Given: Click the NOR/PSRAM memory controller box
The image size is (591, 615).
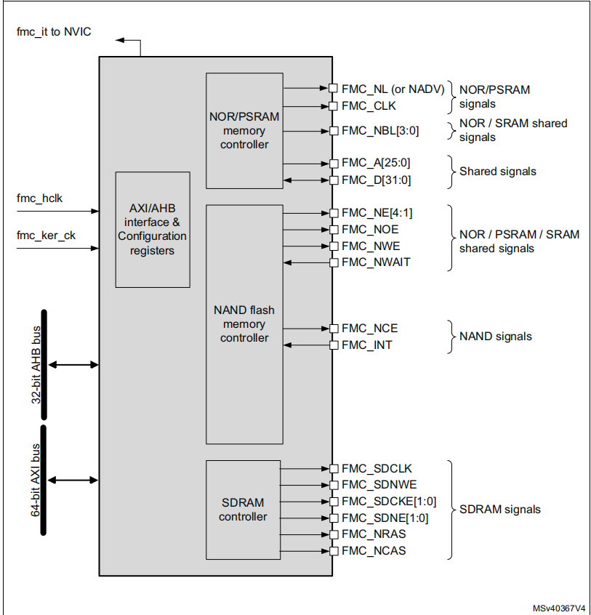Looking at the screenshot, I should coord(244,130).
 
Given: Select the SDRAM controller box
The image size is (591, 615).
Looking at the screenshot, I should coord(243,510).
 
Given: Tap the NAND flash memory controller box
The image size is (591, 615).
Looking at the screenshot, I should coord(244,323).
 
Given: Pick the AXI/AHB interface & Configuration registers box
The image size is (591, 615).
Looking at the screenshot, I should coord(153,229).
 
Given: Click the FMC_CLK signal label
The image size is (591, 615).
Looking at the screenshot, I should coord(369,106).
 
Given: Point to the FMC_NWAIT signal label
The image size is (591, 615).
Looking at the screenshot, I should coord(376,262).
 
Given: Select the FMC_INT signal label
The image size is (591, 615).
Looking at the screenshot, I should coord(366,345).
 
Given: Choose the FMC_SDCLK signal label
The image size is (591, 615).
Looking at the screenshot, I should coord(377,469).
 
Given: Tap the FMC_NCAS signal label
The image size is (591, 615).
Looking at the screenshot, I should coord(374,551).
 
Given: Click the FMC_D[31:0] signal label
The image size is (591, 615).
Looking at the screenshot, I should coord(377,180).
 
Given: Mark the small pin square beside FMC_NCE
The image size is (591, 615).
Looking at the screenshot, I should coord(334,329).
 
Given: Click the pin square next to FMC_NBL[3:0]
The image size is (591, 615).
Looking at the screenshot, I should coord(334,132).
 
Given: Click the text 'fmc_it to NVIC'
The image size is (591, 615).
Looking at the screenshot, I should coord(54,32).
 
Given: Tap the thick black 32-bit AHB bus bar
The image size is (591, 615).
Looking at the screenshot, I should coord(44,364).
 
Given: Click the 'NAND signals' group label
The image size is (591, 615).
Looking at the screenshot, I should coord(495,337).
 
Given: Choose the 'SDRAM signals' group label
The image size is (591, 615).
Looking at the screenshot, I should coord(499,510).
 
